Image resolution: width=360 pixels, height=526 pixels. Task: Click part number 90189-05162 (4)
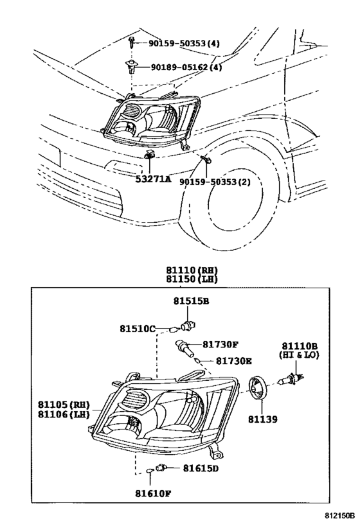point(186,67)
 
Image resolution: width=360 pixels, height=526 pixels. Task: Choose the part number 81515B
point(191,301)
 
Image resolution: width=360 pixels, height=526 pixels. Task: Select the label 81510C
point(137,328)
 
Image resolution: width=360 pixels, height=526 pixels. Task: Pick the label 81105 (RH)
point(63,405)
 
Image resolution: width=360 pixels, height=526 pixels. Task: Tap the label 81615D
point(201,468)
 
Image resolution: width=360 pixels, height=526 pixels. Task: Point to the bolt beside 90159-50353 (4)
point(132,43)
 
